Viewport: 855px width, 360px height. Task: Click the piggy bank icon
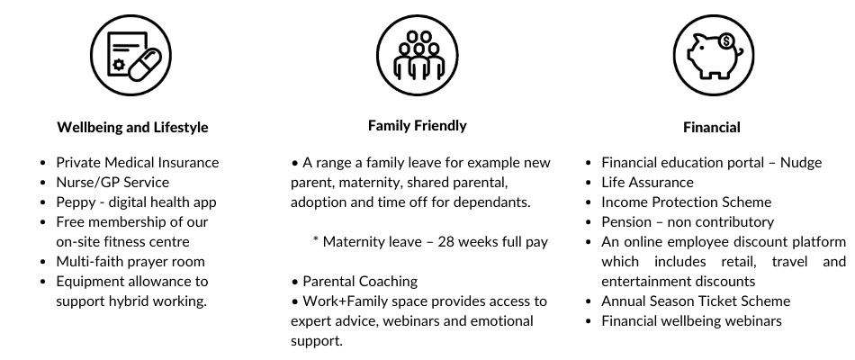713,55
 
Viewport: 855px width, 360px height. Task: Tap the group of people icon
418,55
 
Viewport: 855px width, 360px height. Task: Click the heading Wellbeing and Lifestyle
132,127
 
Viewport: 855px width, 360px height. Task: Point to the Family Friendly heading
417,125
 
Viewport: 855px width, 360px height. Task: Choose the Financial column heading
712,127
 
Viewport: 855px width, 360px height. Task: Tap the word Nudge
801,163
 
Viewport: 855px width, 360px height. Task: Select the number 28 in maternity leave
445,241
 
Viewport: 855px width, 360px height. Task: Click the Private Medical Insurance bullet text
138,163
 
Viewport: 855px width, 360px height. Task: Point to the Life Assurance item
647,182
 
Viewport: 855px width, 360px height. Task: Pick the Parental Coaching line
360,282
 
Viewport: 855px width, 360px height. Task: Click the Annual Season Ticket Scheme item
696,301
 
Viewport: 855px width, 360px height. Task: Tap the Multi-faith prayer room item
130,262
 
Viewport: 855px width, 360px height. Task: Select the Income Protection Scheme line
687,202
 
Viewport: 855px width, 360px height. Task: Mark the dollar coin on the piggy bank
725,40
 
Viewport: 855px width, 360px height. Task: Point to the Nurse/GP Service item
112,182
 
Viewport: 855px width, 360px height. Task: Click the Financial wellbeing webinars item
691,321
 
